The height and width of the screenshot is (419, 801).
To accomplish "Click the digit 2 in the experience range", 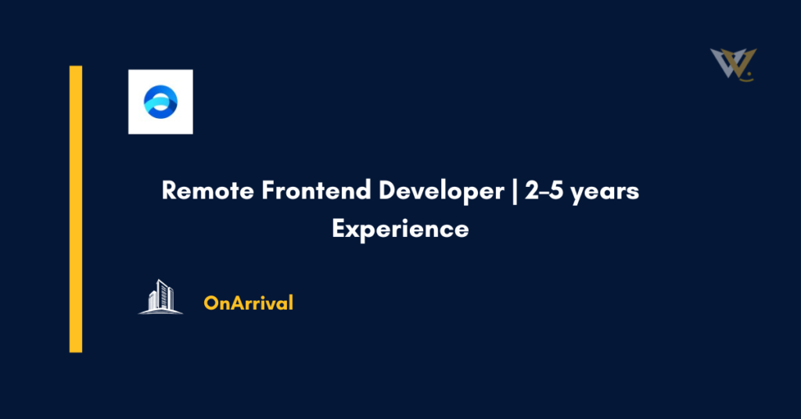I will pyautogui.click(x=532, y=192).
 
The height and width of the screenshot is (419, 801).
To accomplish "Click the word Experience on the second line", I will pyautogui.click(x=400, y=230).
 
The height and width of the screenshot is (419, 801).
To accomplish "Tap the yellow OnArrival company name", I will pyautogui.click(x=248, y=303).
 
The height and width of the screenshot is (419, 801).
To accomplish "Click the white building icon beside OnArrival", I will pyautogui.click(x=160, y=297).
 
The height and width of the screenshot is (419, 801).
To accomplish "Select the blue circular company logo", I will pyautogui.click(x=160, y=102).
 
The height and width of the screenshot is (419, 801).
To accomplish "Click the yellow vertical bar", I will pyautogui.click(x=76, y=209).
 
